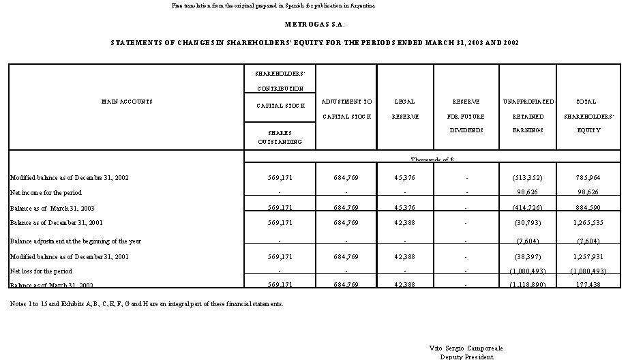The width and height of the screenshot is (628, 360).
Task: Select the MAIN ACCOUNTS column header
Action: click(x=127, y=102)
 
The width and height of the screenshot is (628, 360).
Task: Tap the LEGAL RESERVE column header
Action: click(x=404, y=109)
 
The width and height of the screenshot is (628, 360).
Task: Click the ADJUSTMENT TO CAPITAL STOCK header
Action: click(x=346, y=109)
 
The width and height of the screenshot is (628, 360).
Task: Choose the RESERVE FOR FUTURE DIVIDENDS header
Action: click(x=466, y=115)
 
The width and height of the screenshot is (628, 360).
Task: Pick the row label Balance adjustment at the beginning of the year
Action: click(x=75, y=241)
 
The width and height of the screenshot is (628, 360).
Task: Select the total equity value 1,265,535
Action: click(x=586, y=222)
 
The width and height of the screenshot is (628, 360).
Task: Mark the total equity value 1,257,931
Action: click(x=586, y=256)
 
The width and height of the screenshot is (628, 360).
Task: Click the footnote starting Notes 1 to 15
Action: click(x=146, y=303)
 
